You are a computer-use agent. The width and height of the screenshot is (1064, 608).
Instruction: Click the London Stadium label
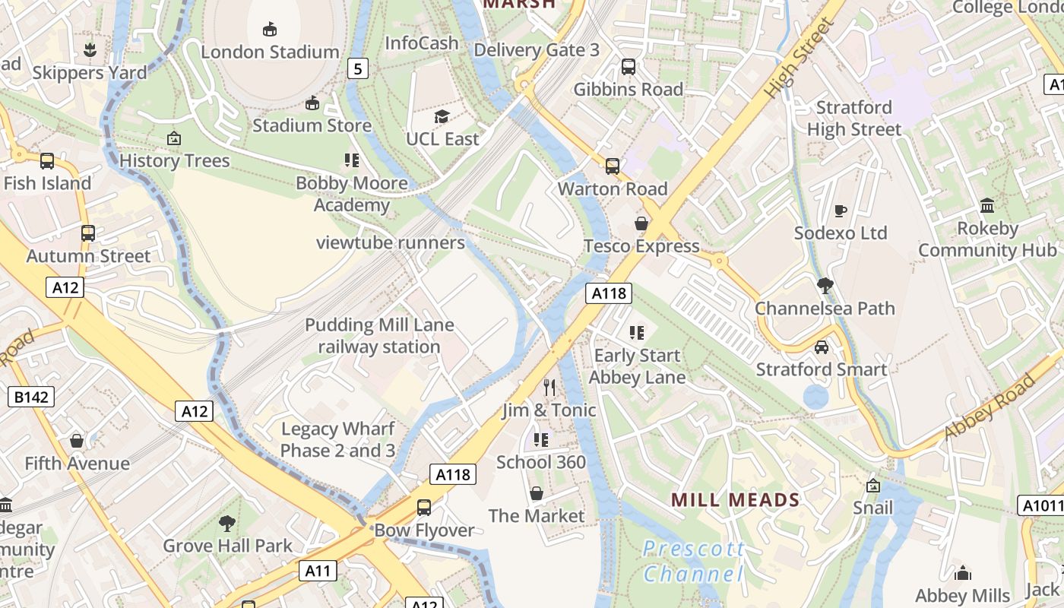pos(270,52)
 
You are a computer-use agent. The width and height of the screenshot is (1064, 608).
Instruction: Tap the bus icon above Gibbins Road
pos(629,67)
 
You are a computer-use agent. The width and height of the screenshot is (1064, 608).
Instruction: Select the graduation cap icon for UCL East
pos(442,116)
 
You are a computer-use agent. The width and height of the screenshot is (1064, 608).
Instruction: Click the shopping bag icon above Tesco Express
pos(641,223)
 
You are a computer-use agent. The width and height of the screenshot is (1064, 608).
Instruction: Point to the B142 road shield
pos(31,396)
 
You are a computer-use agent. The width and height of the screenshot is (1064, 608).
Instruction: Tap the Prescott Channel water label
pos(693,561)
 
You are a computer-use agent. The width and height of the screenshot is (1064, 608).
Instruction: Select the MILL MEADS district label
pos(736,499)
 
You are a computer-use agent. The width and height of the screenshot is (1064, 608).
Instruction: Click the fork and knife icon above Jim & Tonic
pos(549,388)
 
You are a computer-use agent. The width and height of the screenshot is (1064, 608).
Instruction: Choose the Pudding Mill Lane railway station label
pos(379,336)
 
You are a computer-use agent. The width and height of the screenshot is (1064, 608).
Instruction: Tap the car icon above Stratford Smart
pos(821,347)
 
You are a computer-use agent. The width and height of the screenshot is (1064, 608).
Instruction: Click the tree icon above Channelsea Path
pos(825,286)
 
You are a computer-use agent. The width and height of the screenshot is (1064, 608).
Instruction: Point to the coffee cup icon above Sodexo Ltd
pos(840,211)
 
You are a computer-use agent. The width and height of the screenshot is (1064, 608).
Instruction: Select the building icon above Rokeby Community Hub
pos(987,205)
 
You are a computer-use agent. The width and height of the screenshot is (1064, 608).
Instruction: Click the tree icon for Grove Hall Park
pos(226,523)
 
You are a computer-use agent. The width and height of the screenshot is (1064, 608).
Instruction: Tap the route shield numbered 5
pos(359,69)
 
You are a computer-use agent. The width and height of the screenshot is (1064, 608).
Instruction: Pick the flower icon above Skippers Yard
pos(90,50)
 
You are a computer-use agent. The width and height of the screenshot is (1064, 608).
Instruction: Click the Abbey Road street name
pos(990,407)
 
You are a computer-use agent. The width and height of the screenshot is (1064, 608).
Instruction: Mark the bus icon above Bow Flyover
pos(424,507)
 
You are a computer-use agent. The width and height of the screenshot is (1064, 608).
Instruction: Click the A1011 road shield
pos(1040,505)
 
